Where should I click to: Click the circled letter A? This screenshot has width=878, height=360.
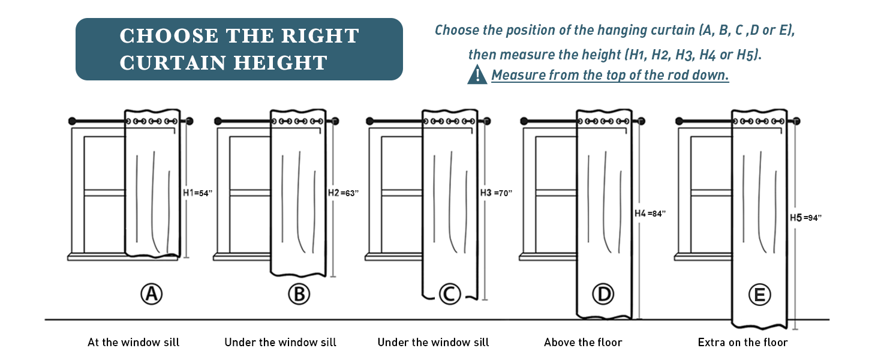coord(152,294)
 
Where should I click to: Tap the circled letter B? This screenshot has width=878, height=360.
coord(299,294)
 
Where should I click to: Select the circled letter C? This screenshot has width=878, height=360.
coord(450,294)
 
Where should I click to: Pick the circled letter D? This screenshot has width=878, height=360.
coord(603,294)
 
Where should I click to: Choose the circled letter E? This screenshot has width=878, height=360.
coord(760,295)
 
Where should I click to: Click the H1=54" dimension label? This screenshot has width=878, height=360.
coord(197,193)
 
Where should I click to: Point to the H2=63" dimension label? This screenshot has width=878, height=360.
coord(344,193)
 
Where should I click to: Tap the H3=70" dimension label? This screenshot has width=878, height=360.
coord(496,193)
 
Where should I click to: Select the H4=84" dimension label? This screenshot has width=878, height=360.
coord(650,214)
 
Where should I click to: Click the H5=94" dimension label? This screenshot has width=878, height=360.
coord(805,218)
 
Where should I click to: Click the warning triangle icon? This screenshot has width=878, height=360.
coord(477,74)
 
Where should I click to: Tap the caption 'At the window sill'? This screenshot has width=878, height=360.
coord(133,343)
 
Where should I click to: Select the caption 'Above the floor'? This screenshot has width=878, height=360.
coord(583,343)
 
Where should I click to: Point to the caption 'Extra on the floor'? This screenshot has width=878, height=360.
coord(743,343)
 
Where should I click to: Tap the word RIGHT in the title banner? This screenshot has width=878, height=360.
coord(320,35)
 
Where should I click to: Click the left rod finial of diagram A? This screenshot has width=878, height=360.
coord(72,121)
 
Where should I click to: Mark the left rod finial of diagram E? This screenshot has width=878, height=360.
coord(679,121)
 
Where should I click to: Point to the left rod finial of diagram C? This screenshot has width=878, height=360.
coord(369,121)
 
